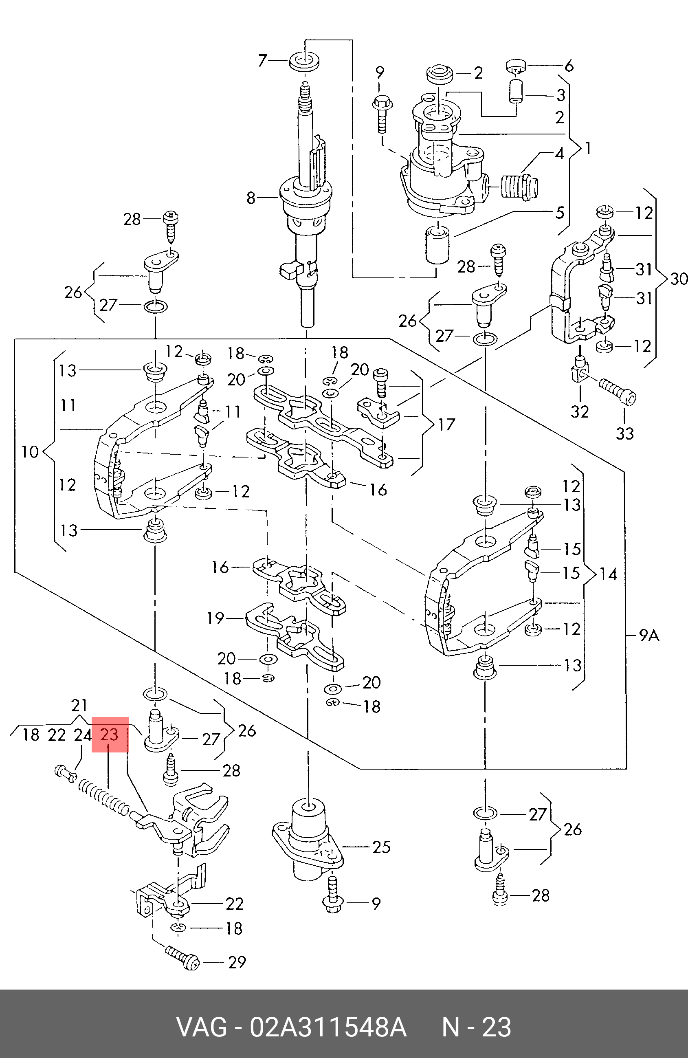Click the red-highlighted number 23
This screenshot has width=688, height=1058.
(x=110, y=735)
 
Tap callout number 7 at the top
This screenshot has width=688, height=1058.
(x=263, y=60)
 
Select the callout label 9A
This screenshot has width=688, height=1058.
(x=649, y=636)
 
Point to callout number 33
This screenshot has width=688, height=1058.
(x=625, y=433)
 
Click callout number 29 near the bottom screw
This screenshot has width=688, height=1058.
(x=237, y=962)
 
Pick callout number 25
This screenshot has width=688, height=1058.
(x=381, y=847)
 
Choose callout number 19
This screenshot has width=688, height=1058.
(x=215, y=618)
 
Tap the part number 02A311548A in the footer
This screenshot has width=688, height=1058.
(x=328, y=1027)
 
